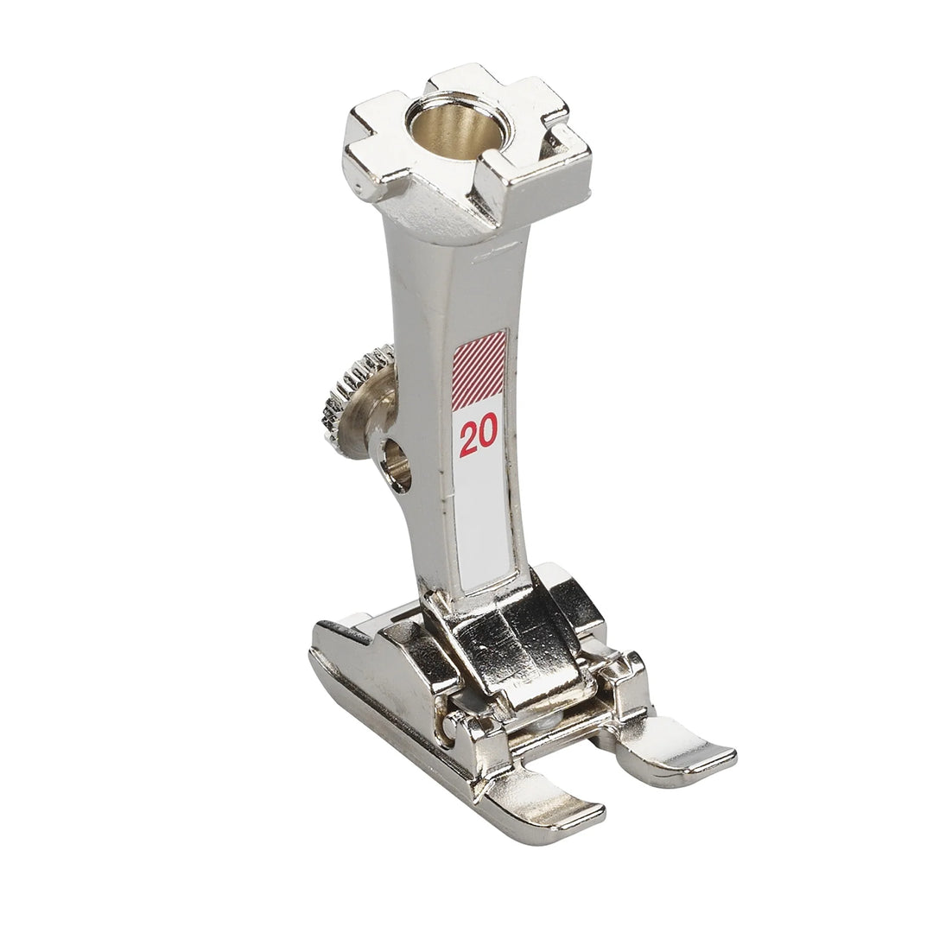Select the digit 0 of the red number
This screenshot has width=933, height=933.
point(488,435)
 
